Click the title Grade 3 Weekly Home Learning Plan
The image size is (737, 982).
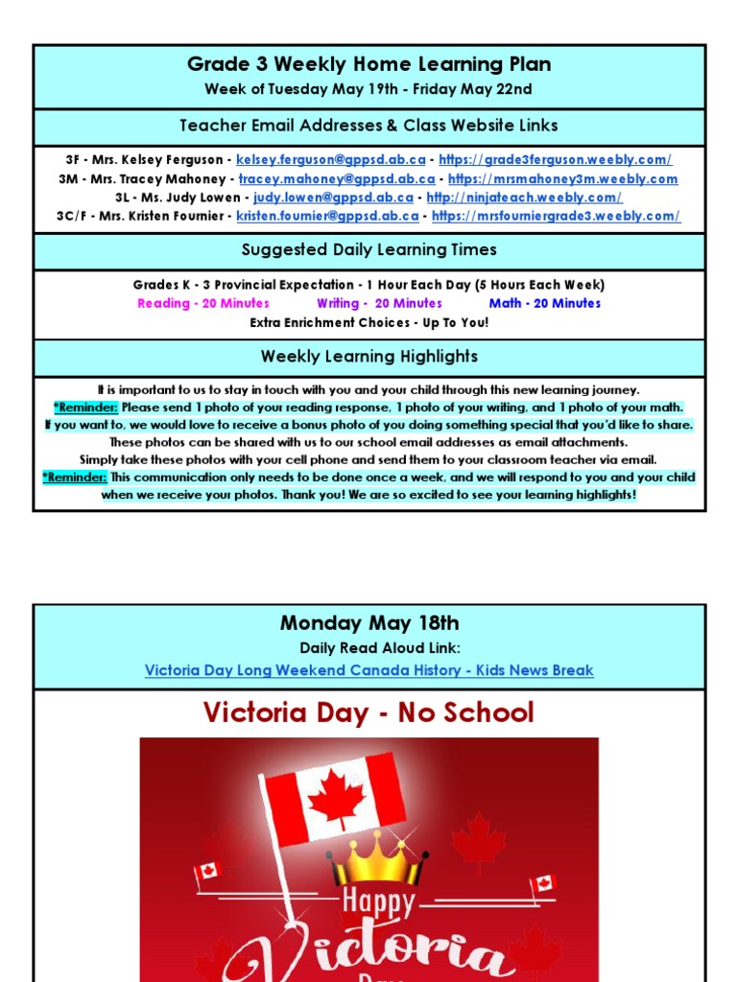pyautogui.click(x=368, y=65)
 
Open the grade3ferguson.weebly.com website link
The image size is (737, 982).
pyautogui.click(x=555, y=159)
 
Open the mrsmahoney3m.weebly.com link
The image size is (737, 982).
pyautogui.click(x=562, y=178)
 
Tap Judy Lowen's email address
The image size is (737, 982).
pyautogui.click(x=333, y=198)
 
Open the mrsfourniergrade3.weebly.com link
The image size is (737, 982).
pyautogui.click(x=556, y=216)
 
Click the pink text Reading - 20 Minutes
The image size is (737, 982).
pyautogui.click(x=203, y=303)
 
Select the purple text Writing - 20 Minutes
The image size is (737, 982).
pyautogui.click(x=379, y=303)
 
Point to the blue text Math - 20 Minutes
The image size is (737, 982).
pyautogui.click(x=544, y=303)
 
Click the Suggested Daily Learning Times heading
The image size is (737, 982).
pyautogui.click(x=368, y=250)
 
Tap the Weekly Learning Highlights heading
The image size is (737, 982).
pyautogui.click(x=368, y=357)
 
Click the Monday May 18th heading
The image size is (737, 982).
pyautogui.click(x=368, y=623)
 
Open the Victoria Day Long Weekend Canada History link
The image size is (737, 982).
pyautogui.click(x=368, y=670)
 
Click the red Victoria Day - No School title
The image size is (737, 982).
pyautogui.click(x=368, y=713)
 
